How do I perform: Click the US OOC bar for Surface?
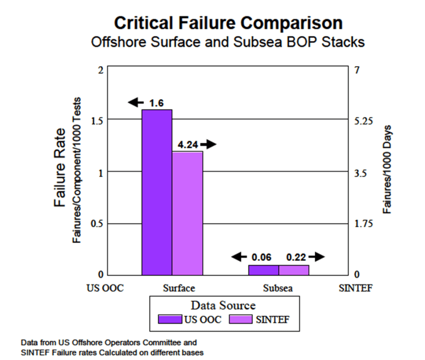(157, 192)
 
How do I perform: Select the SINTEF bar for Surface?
(187, 213)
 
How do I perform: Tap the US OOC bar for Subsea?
(263, 270)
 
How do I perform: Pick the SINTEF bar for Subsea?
(294, 270)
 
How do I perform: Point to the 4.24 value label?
(187, 144)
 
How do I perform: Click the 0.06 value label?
(262, 257)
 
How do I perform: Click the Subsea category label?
(278, 288)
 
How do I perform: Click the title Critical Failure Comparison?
(228, 24)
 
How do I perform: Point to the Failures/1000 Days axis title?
(388, 169)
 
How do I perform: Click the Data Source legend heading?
(223, 306)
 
